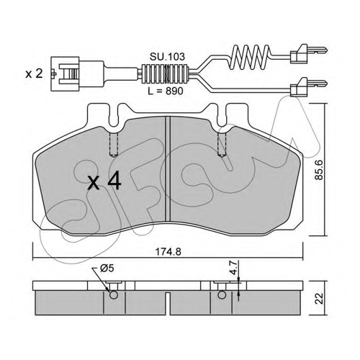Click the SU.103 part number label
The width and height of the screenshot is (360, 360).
(x=167, y=57)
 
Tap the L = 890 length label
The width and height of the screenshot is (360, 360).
(x=166, y=91)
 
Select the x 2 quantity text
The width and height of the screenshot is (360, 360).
(x=34, y=74)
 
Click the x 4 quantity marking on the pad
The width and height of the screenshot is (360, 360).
(x=104, y=181)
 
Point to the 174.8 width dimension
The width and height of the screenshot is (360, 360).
(x=168, y=252)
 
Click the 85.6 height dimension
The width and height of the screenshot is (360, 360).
(x=318, y=170)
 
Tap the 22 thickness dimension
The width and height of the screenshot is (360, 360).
(x=319, y=298)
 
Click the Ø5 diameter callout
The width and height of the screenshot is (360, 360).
(x=107, y=269)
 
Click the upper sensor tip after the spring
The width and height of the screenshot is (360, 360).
(x=308, y=53)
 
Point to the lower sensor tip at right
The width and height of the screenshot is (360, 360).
(x=308, y=86)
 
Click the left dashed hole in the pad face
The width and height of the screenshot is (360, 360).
(x=114, y=145)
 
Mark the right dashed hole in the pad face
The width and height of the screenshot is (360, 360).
(x=222, y=145)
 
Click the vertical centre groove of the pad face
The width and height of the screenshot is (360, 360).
(x=168, y=168)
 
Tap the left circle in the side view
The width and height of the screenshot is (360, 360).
(x=114, y=294)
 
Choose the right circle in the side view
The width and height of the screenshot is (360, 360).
(x=222, y=294)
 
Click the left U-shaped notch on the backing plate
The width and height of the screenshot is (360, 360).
(x=114, y=117)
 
